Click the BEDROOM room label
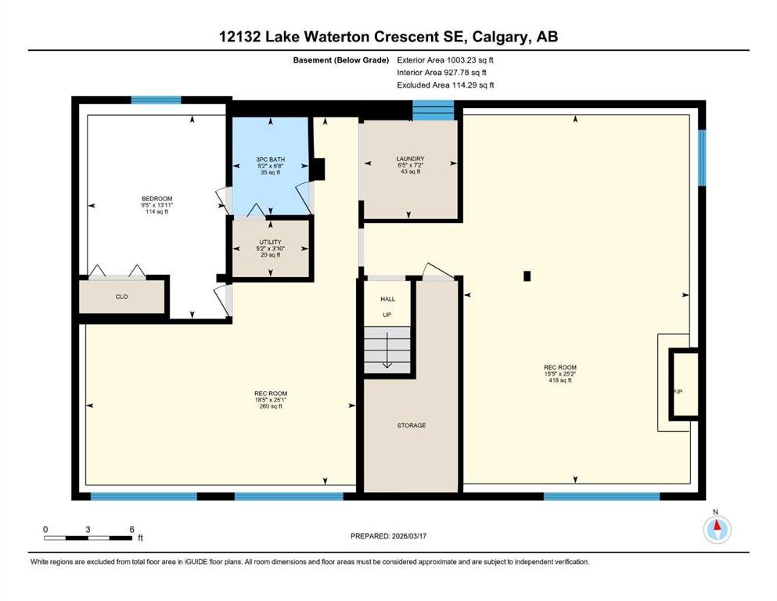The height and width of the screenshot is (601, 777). tap(156, 199)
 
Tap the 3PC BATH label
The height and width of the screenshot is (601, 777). tap(271, 160)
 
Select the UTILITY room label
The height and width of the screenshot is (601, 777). tap(270, 243)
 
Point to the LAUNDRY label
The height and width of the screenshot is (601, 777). tap(410, 159)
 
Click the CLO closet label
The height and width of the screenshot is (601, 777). tap(121, 297)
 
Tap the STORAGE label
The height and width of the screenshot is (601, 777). tap(412, 426)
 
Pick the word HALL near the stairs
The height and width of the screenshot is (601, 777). tap(388, 299)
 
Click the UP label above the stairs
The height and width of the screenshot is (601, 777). tap(387, 315)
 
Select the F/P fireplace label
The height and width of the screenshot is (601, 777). tap(678, 391)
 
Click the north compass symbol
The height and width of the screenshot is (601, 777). tap(717, 529)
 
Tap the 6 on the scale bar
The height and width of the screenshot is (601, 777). tap(131, 530)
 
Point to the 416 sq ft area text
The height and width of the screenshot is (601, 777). tap(560, 380)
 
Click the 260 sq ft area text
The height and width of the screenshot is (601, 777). tap(271, 406)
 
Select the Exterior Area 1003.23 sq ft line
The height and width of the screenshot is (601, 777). tap(445, 60)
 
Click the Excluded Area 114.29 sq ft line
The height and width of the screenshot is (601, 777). tap(445, 85)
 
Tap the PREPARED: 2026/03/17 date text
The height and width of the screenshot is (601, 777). tap(388, 536)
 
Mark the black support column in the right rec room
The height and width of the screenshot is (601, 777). tap(527, 276)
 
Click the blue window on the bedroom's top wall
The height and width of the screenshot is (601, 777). tap(156, 100)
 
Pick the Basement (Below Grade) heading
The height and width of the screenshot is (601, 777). tap(341, 60)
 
